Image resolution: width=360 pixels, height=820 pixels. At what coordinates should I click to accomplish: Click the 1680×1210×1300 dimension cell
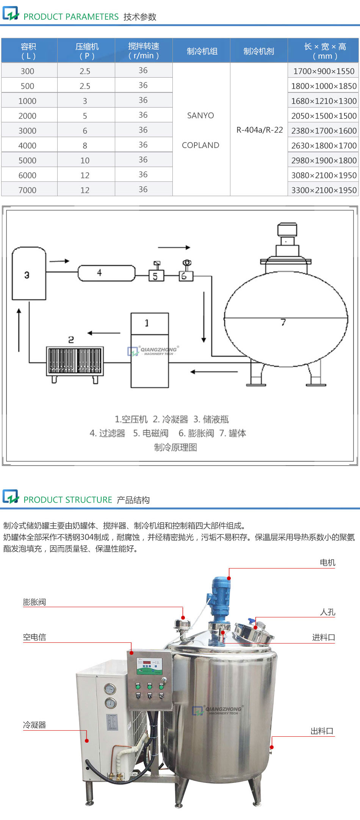click(x=324, y=101)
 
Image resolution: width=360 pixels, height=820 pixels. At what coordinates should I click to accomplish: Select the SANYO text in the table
click(x=200, y=116)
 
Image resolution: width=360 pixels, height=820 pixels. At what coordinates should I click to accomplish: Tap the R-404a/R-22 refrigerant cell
click(x=260, y=130)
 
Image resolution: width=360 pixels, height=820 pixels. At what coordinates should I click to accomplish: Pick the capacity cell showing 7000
click(x=27, y=190)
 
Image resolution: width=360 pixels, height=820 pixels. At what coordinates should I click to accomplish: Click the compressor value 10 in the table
click(x=85, y=161)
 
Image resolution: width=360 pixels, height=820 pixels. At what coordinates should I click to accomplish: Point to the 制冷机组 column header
click(x=202, y=51)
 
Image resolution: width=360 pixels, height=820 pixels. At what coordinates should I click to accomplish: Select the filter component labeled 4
click(x=106, y=273)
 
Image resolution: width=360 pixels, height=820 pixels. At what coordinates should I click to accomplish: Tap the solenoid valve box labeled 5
click(x=156, y=276)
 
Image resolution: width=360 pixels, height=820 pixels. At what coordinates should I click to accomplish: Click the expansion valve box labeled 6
click(x=186, y=276)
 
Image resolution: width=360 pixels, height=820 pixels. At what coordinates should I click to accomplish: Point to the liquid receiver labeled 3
click(x=29, y=274)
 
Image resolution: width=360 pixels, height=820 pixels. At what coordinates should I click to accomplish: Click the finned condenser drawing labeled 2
click(x=75, y=360)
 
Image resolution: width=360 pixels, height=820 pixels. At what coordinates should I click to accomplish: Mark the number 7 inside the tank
click(x=283, y=322)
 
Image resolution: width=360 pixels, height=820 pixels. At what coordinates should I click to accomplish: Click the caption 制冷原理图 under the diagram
click(x=175, y=447)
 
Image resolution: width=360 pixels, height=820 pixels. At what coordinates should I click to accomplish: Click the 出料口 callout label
click(x=322, y=731)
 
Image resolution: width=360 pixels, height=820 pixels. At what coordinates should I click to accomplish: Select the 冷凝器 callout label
click(x=34, y=725)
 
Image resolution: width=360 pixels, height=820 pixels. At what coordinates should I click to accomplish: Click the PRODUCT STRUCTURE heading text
click(x=68, y=500)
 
